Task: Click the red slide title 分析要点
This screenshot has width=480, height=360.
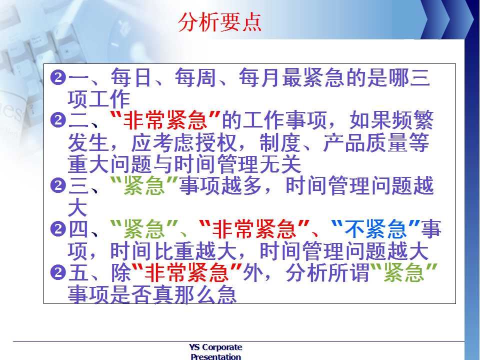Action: point(220,22)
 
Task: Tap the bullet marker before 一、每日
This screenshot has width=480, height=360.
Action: point(58,78)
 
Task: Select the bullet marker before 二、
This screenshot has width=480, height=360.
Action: point(58,120)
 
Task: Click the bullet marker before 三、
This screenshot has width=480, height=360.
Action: point(58,186)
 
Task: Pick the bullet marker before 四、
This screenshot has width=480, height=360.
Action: point(58,229)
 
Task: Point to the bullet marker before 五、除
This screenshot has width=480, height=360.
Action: point(58,272)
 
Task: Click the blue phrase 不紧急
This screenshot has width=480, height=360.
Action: point(375,229)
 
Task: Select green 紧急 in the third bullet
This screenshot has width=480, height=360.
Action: point(144,186)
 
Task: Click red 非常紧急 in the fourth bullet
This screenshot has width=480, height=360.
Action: point(254,229)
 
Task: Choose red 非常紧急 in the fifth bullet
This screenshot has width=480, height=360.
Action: point(187,272)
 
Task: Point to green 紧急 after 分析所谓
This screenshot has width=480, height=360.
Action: point(404,272)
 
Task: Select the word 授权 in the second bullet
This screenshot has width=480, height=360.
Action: point(216,142)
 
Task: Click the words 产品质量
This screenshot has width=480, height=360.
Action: point(365,142)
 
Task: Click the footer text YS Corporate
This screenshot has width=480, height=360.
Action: point(215,347)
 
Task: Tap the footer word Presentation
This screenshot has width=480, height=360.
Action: point(215,356)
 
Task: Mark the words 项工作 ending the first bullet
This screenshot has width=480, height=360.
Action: point(99,99)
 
